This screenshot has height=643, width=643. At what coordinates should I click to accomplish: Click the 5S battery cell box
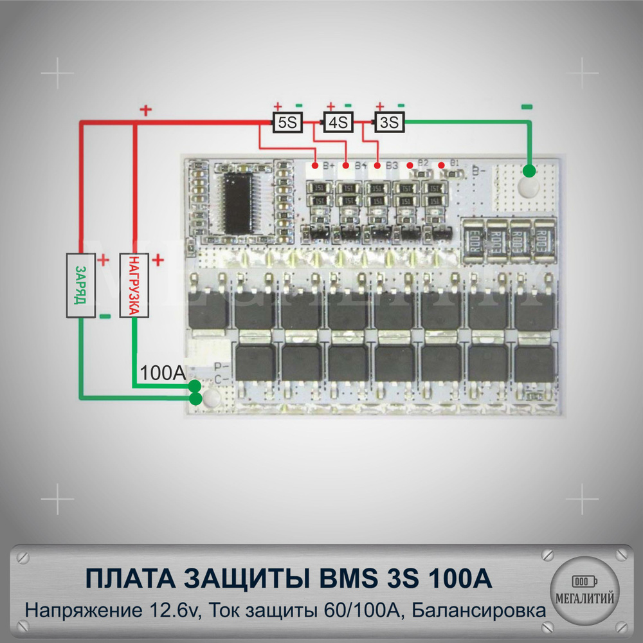click(x=287, y=122)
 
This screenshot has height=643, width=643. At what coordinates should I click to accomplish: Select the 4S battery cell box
click(x=338, y=122)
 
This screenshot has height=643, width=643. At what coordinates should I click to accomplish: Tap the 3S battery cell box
click(x=390, y=122)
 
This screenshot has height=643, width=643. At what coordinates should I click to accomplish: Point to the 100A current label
click(x=163, y=372)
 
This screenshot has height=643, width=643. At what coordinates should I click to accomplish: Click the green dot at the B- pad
click(x=529, y=171)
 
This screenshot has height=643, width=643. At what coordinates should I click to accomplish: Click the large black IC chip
click(x=239, y=202)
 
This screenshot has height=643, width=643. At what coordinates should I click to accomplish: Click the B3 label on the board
click(x=391, y=166)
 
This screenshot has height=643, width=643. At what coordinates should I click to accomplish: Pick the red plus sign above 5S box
click(x=277, y=107)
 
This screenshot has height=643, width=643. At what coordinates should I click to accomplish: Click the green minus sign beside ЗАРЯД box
click(x=105, y=316)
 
